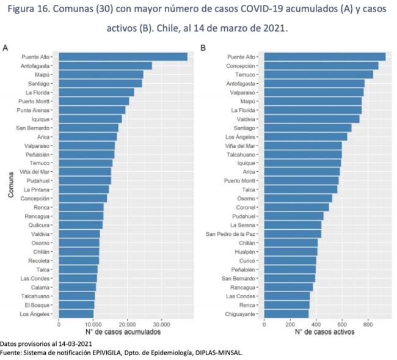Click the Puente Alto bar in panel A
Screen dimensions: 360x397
click(122, 57)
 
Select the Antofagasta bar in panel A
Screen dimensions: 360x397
click(105, 65)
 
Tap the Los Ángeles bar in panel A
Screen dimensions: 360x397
click(76, 314)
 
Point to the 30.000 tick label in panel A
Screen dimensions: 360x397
click(161, 324)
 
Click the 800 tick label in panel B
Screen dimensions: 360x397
click(368, 324)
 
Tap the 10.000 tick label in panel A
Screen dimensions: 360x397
click(93, 324)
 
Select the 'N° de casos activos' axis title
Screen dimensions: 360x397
click(324, 332)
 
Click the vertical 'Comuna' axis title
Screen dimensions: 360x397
click(11, 185)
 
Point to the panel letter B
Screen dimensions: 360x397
click(203, 48)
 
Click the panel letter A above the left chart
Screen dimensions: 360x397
click(5, 48)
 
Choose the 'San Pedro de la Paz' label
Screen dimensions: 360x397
click(231, 234)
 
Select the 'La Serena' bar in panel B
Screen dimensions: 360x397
click(293, 225)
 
